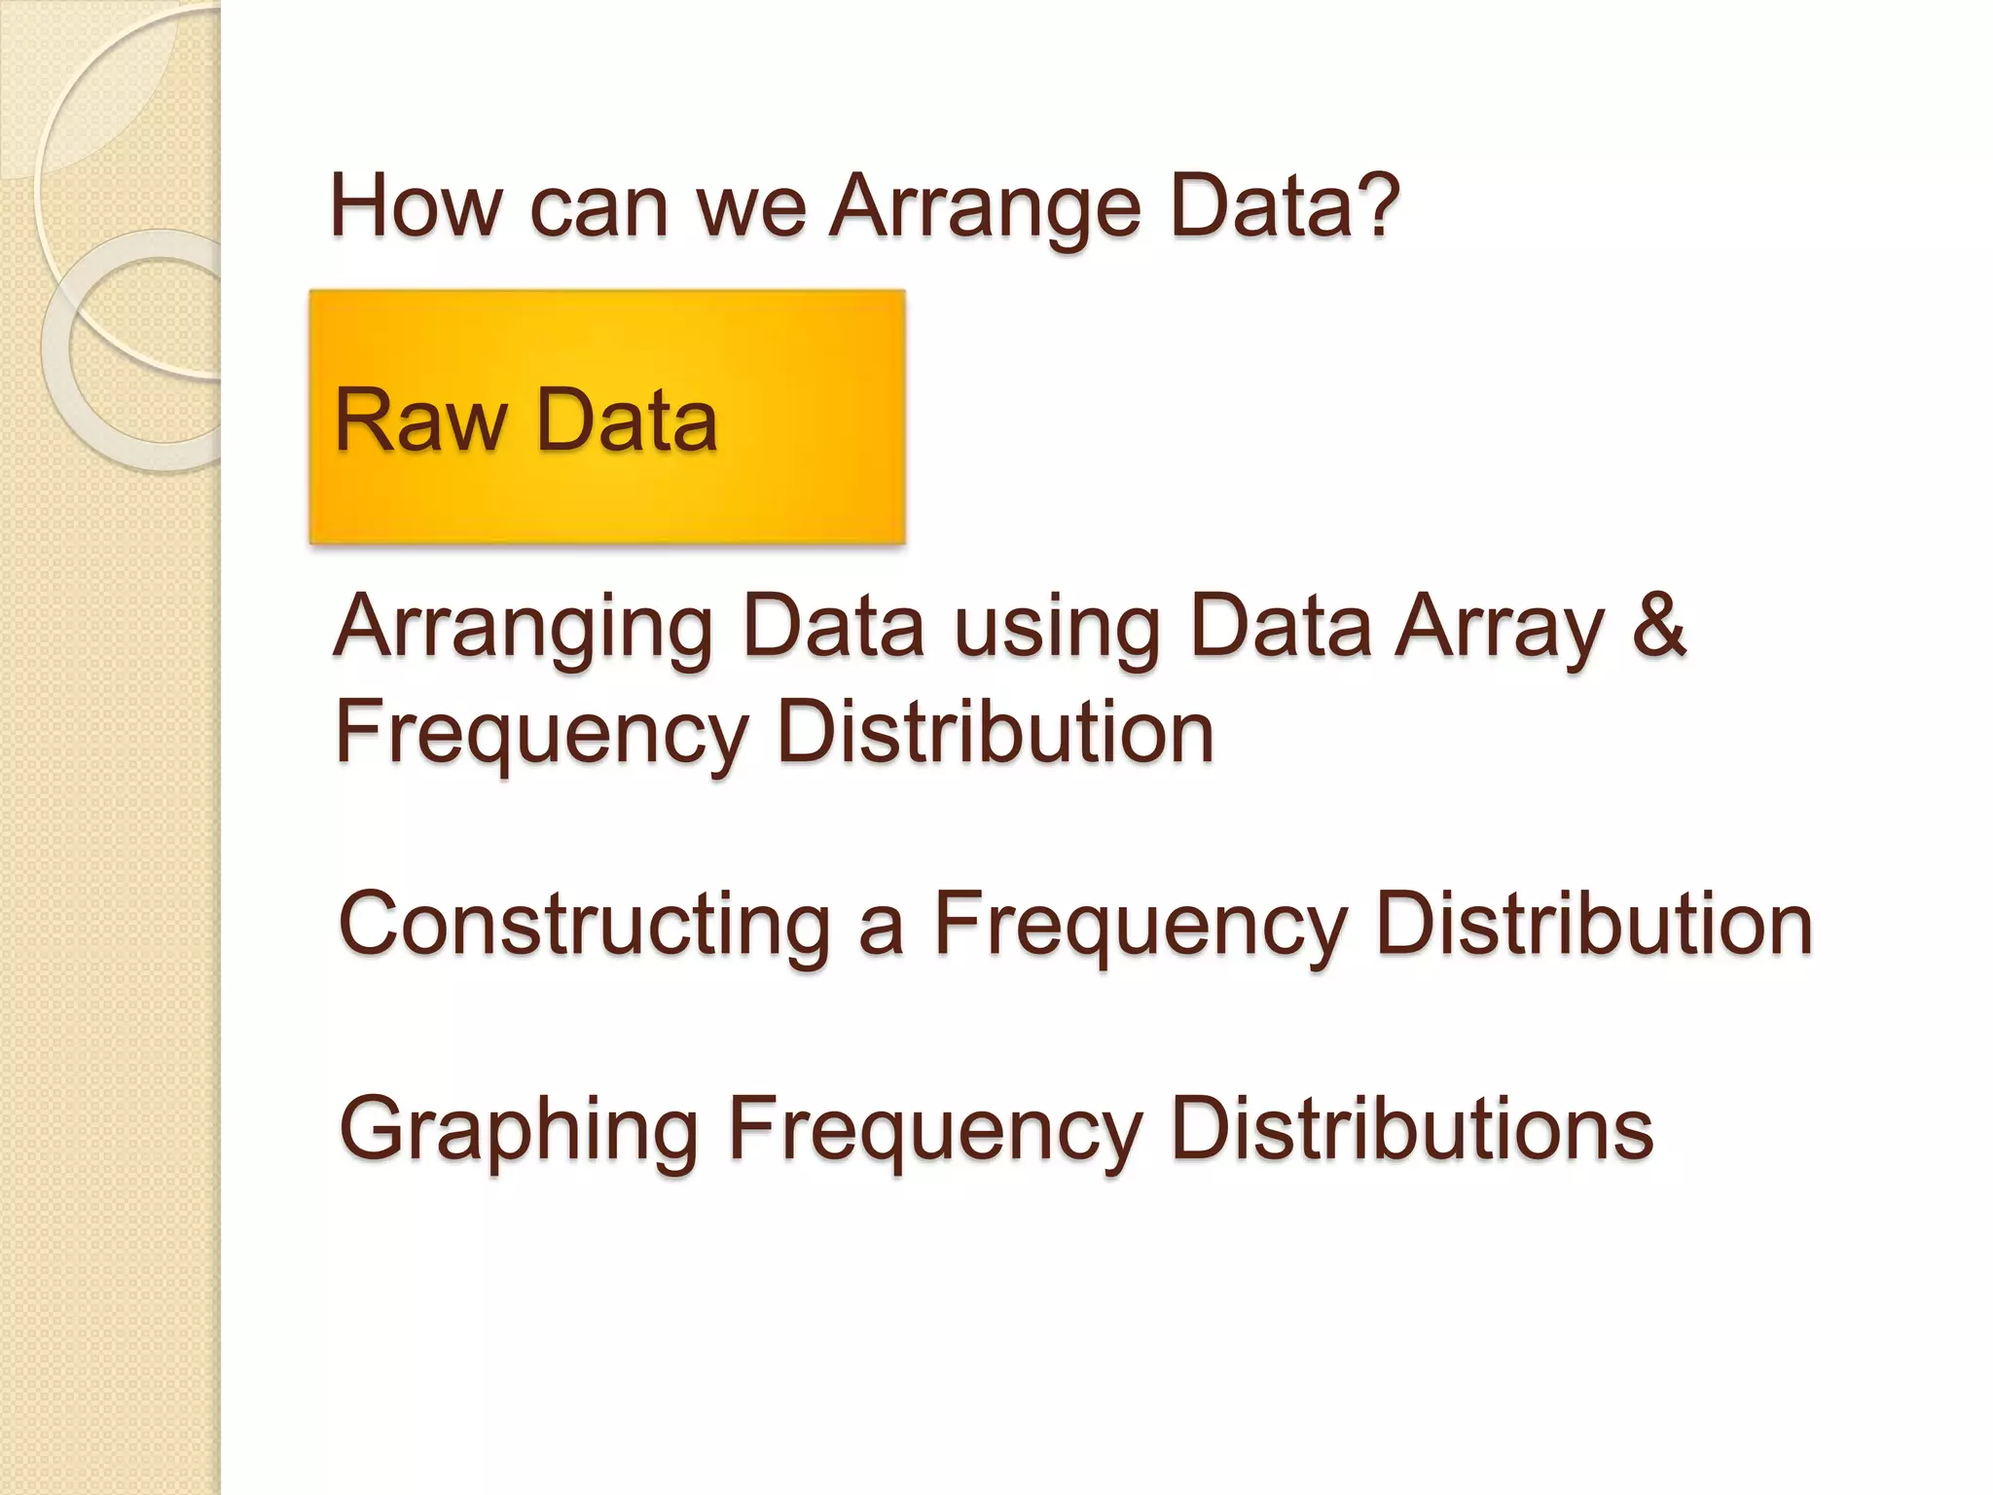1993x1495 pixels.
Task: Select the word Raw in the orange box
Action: (420, 420)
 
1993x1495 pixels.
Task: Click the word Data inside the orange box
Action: (627, 420)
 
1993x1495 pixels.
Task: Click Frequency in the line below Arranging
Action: (541, 736)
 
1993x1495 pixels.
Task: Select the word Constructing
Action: (584, 925)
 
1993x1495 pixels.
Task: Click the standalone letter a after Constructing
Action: (882, 929)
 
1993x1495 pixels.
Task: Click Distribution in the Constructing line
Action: (1594, 925)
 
